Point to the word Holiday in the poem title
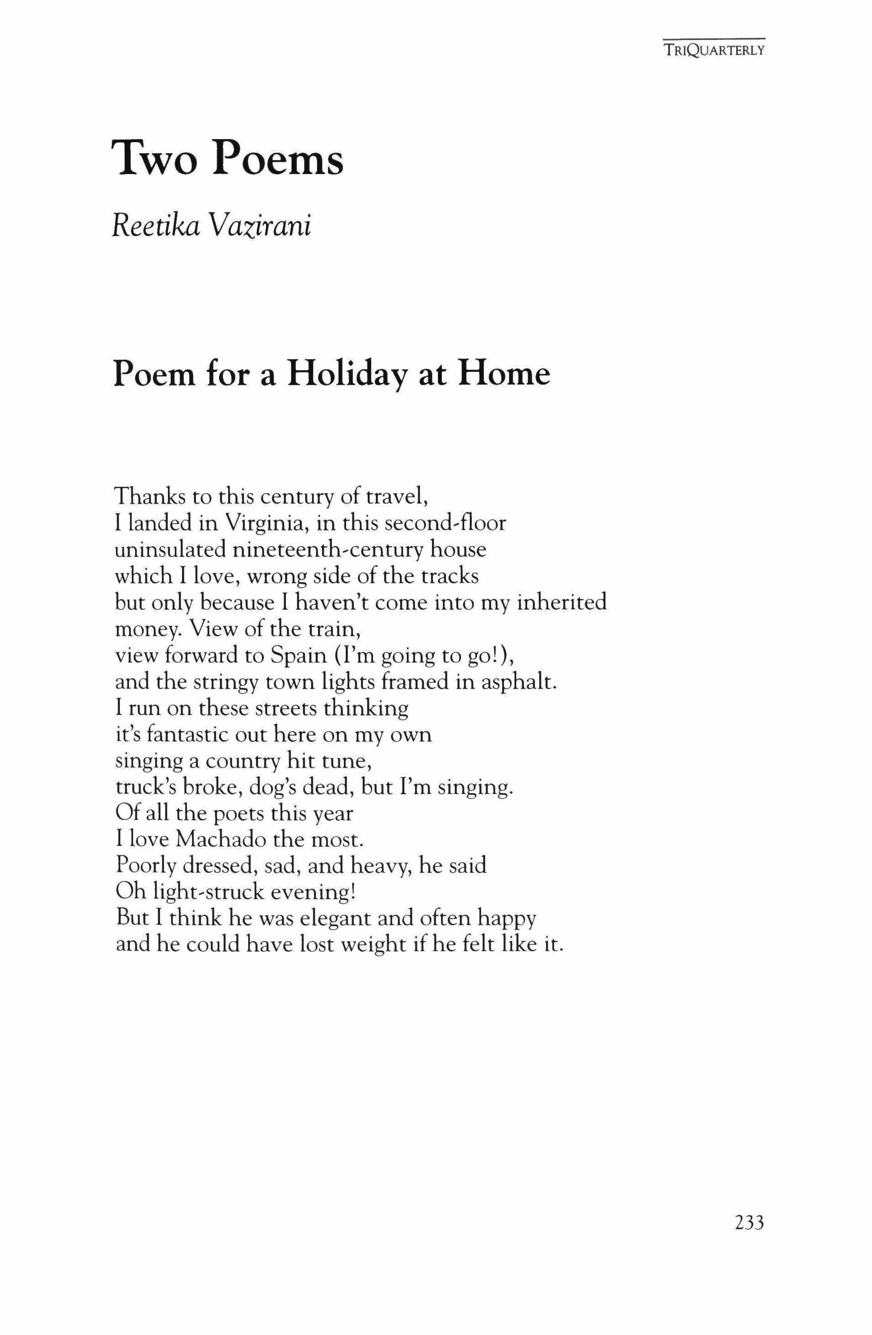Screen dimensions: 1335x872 pyautogui.click(x=348, y=374)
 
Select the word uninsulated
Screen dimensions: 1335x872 pyautogui.click(x=170, y=549)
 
